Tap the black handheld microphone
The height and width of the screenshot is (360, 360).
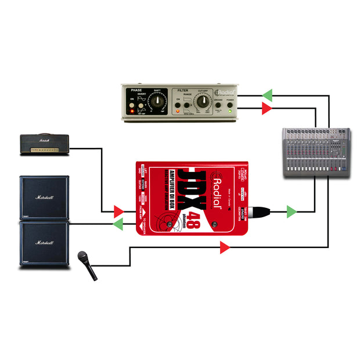(x=87, y=264)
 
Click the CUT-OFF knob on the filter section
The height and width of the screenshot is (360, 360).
(x=202, y=104)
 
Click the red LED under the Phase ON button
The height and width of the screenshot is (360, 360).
(x=132, y=111)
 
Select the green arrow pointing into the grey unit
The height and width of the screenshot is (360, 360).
(x=267, y=95)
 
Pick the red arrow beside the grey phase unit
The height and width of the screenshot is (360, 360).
(x=267, y=108)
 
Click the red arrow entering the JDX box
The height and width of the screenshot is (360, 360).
(x=118, y=211)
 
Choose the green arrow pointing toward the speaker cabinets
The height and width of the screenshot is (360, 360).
(x=118, y=224)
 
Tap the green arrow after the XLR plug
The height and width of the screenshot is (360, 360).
(x=291, y=212)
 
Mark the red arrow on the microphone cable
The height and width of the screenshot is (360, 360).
(x=225, y=248)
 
